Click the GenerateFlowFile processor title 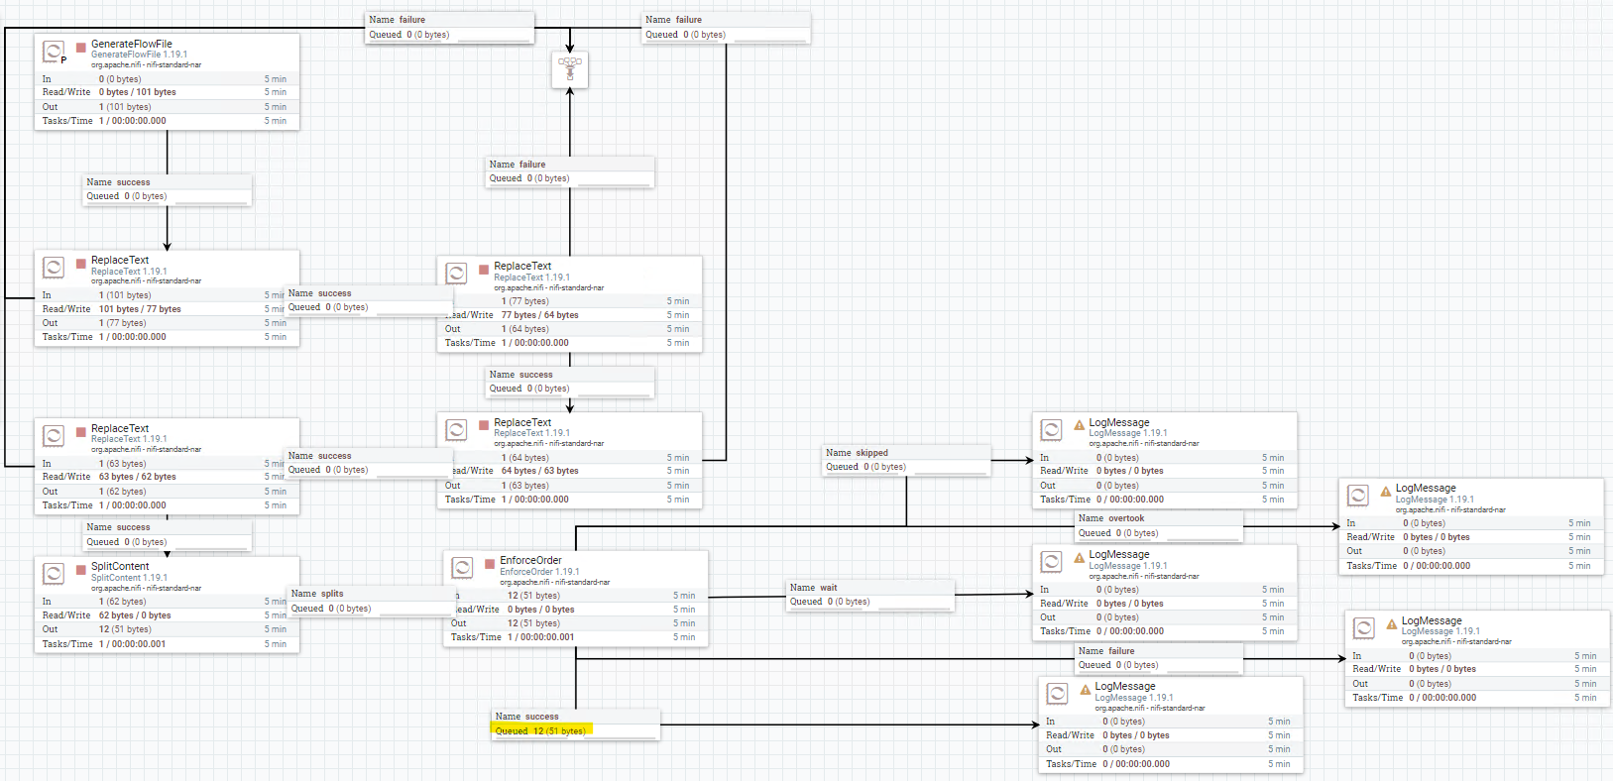131,44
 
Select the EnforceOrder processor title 530,560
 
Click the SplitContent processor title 120,566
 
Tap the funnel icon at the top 570,68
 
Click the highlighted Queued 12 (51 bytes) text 540,730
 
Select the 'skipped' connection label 871,453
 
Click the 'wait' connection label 828,588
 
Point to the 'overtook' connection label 1125,518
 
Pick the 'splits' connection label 332,594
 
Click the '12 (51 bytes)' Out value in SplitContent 125,629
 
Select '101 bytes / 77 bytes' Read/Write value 140,309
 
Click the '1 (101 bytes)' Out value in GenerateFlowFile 125,107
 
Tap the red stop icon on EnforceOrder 490,564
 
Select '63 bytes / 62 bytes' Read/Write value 137,477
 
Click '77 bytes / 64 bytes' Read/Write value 539,315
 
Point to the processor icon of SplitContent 54,573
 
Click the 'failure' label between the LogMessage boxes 1121,651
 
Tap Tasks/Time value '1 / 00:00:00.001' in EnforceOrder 540,637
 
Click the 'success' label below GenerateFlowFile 133,182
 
